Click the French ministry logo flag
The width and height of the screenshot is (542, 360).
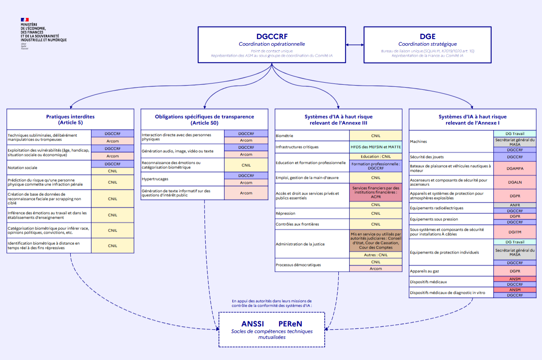click(x=25, y=20)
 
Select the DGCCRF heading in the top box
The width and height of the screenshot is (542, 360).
click(x=272, y=37)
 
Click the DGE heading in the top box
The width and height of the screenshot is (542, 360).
click(x=427, y=37)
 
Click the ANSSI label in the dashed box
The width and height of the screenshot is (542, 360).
click(x=252, y=323)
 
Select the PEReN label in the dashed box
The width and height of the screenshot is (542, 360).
click(x=291, y=323)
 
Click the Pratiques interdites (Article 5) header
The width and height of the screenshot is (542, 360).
click(x=70, y=119)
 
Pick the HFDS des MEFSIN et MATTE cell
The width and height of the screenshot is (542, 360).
click(x=376, y=147)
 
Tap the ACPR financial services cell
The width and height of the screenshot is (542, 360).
click(x=376, y=192)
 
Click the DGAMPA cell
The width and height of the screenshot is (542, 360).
click(x=515, y=168)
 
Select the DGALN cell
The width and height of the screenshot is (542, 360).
click(x=515, y=182)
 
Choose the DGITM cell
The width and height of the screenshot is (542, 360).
click(x=515, y=232)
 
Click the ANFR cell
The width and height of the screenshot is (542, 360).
click(x=515, y=205)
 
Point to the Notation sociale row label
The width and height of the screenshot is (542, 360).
click(x=22, y=168)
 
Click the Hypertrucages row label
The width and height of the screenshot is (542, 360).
click(x=155, y=179)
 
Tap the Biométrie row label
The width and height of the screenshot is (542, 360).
click(x=285, y=136)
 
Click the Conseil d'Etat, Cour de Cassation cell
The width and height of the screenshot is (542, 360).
click(x=376, y=241)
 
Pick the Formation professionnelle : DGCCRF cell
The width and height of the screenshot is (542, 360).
click(x=376, y=166)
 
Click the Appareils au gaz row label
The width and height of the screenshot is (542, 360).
click(x=424, y=271)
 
